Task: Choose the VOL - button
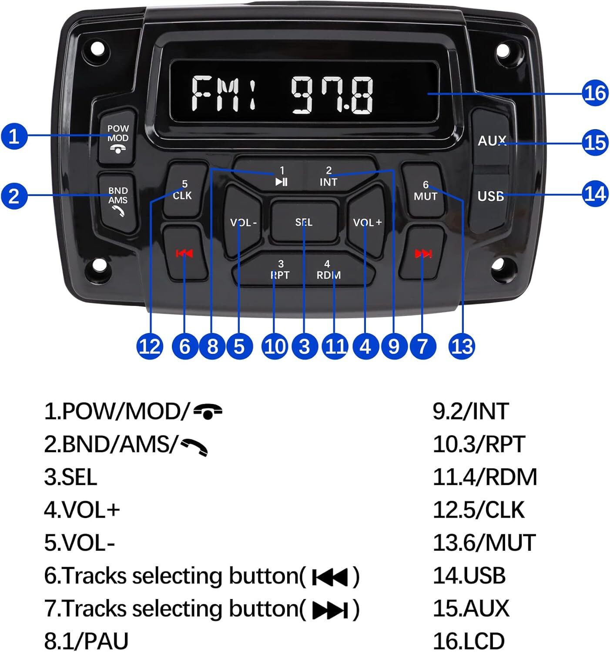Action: [x=243, y=222]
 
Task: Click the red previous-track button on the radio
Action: [x=184, y=253]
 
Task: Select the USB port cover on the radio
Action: [x=490, y=196]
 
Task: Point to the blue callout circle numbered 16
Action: [x=595, y=93]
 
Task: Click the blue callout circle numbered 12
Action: [x=150, y=346]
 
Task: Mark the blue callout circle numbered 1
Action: [x=14, y=136]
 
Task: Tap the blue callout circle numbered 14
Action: [x=595, y=193]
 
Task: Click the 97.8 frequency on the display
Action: [x=332, y=94]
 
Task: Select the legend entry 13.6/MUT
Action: [x=484, y=542]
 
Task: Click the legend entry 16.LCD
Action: [x=469, y=641]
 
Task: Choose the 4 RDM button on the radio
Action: [x=328, y=270]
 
